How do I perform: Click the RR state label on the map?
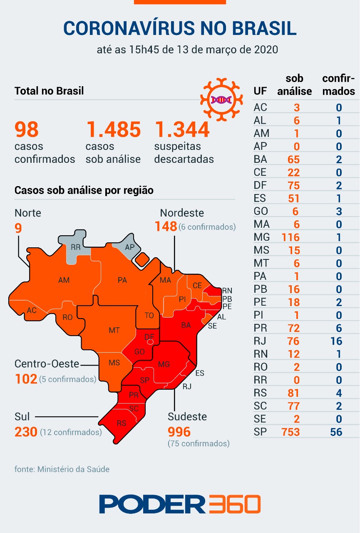click(x=75, y=247)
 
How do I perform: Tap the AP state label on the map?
click(x=130, y=247)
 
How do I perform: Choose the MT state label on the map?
click(x=114, y=330)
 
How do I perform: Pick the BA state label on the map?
click(x=186, y=325)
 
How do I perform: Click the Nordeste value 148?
click(x=166, y=227)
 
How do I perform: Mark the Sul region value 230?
click(x=26, y=432)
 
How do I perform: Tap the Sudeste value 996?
click(x=179, y=431)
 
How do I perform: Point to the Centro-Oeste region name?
click(x=47, y=364)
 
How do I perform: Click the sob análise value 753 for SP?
click(x=290, y=432)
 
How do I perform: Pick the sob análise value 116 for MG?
click(x=290, y=237)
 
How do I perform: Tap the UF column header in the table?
click(x=259, y=91)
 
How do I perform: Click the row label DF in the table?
click(x=260, y=185)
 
